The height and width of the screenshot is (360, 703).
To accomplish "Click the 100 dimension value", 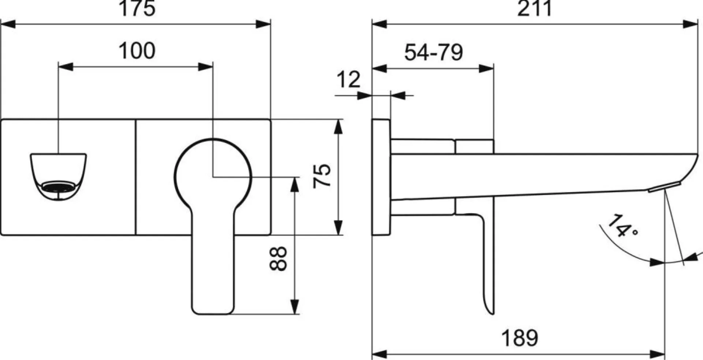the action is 137,51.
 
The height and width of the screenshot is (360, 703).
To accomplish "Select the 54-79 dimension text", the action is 434,52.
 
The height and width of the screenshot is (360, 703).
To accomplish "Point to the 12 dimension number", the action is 348,79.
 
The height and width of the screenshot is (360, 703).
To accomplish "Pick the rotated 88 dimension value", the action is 278,259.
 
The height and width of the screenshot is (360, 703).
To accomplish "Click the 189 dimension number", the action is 520,338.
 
